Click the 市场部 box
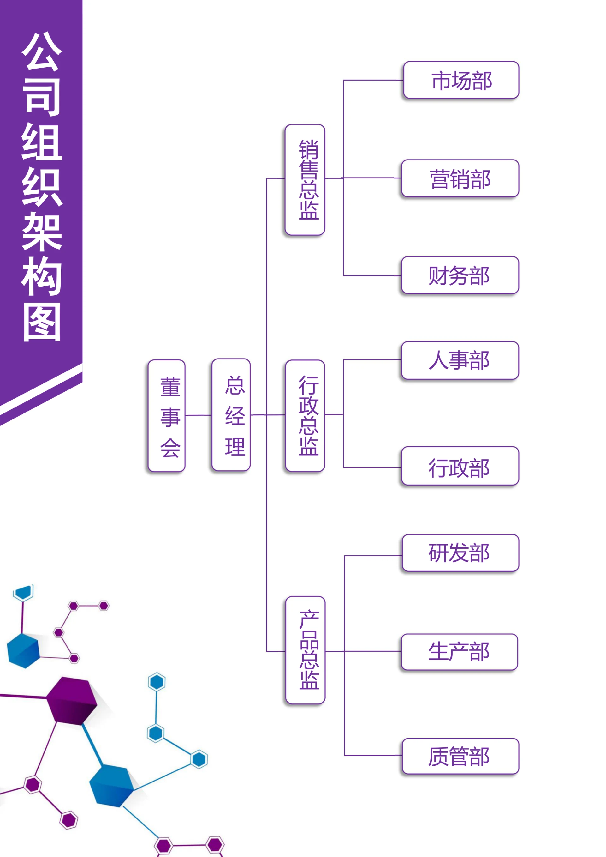[461, 80]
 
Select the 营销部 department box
[460, 178]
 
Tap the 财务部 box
[460, 275]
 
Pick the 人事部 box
[460, 360]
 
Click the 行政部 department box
[460, 466]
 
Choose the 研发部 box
[460, 553]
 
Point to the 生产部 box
[459, 652]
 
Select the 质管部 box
[460, 756]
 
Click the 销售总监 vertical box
[305, 180]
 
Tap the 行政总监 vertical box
[305, 416]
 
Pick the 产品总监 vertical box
[305, 650]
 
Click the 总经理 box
[231, 415]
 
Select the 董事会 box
[166, 416]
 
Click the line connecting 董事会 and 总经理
[198, 415]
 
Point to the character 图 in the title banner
[42, 322]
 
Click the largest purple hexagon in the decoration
[72, 701]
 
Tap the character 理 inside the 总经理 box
[235, 446]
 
